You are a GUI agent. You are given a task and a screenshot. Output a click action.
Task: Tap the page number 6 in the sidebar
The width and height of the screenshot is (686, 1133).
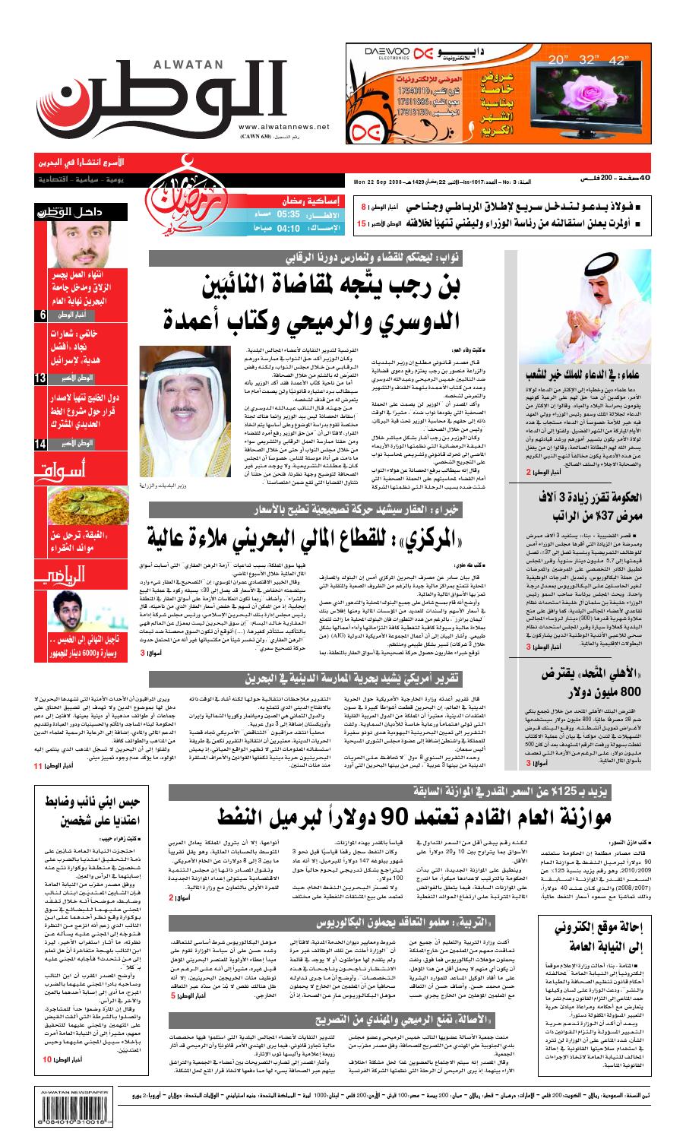[x=42, y=315]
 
